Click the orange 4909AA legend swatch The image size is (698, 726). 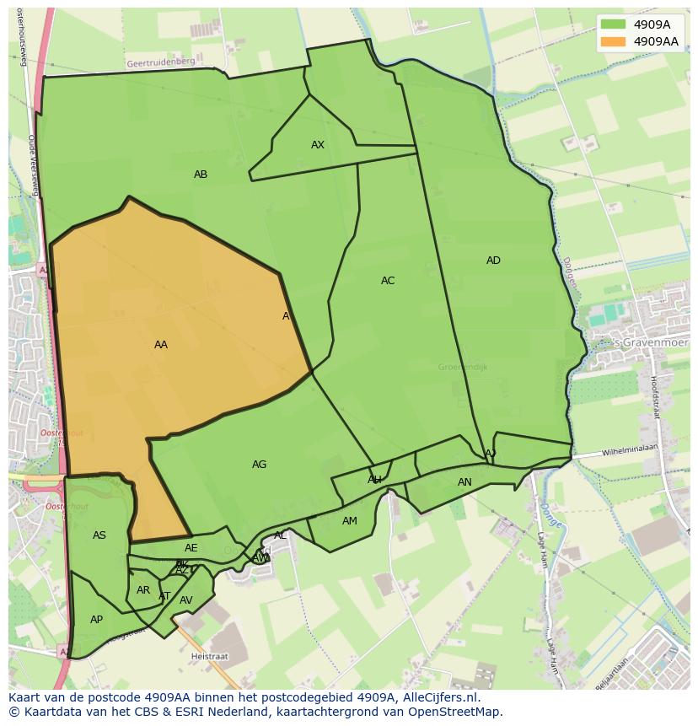613,41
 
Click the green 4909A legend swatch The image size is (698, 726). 613,24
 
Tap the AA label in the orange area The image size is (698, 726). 161,345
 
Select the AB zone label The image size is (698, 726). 201,175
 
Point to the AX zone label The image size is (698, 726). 318,145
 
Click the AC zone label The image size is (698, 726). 388,281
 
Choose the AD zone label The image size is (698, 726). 493,261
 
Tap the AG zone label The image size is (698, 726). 259,465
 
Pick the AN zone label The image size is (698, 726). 464,482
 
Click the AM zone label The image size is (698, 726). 350,521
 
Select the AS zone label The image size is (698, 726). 99,535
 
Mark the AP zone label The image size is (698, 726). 96,620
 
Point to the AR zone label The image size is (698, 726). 143,590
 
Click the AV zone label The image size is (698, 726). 186,600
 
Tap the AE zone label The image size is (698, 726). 191,548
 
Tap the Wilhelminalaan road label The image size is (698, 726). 629,451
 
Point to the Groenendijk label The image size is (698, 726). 463,367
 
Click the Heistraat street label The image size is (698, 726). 210,655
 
